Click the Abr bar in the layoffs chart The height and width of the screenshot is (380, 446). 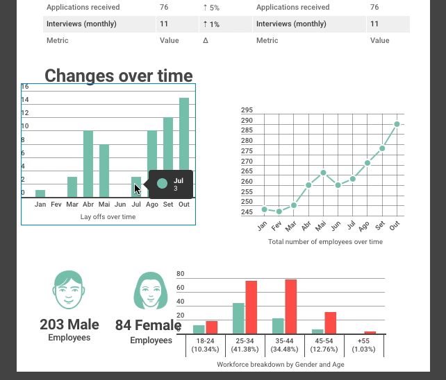(88, 164)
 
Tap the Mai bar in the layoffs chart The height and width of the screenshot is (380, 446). (104, 171)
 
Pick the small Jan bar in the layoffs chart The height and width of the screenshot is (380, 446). (40, 193)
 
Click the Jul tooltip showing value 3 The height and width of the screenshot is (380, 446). (168, 184)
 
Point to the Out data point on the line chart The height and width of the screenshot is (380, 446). (397, 124)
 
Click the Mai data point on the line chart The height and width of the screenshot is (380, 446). (324, 173)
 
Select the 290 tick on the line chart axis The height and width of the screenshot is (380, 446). (247, 121)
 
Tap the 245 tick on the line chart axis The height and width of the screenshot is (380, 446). (247, 212)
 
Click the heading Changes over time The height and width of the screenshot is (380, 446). (118, 76)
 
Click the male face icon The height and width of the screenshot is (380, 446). (68, 290)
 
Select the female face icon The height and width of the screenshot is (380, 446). (150, 291)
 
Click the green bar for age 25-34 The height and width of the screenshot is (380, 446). (238, 318)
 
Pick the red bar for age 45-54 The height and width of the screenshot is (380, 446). (331, 323)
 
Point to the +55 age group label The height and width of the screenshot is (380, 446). (363, 341)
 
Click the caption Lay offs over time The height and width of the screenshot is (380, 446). (108, 217)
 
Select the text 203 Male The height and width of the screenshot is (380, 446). (69, 325)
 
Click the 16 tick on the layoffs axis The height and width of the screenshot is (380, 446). (25, 87)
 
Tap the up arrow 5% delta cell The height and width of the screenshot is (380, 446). (211, 8)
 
